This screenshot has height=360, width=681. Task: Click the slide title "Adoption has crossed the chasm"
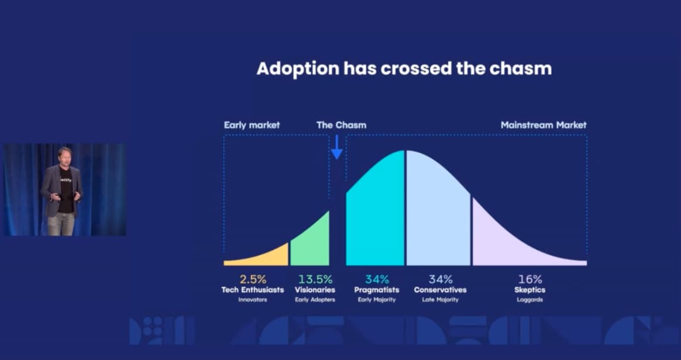tap(404, 68)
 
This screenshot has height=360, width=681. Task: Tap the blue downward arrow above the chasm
tap(337, 147)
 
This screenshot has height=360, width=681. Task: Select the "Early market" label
tap(252, 125)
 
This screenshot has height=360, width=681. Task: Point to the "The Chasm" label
tap(341, 125)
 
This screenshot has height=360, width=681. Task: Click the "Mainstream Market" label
tap(544, 125)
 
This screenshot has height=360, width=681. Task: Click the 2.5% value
tap(252, 279)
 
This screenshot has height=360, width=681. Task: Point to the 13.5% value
tap(315, 279)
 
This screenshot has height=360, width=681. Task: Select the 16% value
tap(530, 279)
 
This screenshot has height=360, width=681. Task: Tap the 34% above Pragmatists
tap(377, 279)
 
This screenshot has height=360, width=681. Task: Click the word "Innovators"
tap(252, 300)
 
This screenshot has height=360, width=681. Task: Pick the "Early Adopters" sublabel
tap(315, 300)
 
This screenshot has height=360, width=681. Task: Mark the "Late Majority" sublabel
tap(440, 300)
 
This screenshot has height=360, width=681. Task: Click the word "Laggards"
tap(530, 300)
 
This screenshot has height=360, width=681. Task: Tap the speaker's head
tap(64, 157)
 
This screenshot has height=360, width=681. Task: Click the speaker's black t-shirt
tap(65, 190)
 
